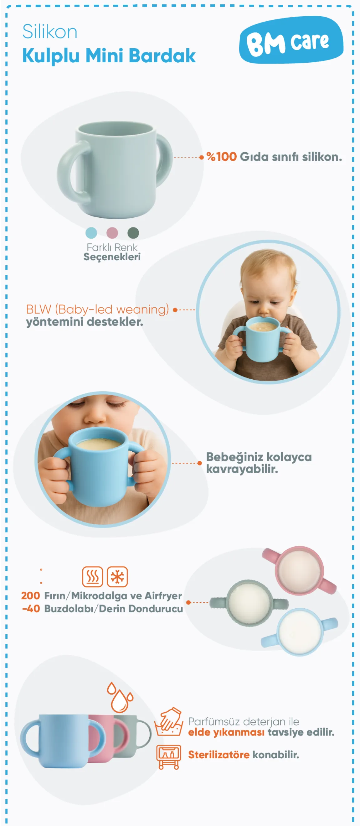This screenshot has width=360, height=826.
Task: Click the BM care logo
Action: coord(291,40)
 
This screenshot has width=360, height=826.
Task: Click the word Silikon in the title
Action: coord(50,32)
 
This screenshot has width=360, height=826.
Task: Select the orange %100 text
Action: coord(222,157)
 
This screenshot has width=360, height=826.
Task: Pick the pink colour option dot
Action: coord(112,233)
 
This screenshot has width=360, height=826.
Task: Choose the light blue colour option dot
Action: coord(91,233)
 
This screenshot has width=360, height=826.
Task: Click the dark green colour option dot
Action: coord(133,233)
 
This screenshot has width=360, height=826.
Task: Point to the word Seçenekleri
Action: coord(112,257)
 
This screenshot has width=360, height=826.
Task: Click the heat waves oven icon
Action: coord(93,577)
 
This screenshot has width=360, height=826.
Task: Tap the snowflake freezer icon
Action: coord(117,577)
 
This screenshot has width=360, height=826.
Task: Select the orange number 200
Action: coord(30,595)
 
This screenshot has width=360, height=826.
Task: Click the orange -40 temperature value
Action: coord(31,609)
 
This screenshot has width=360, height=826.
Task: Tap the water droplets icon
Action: coord(120,697)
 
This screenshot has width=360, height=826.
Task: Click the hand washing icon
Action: coord(168,721)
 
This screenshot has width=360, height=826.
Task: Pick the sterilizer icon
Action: coord(168,757)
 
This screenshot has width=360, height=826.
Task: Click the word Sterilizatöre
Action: coord(219,755)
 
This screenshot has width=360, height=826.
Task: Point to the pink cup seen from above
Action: coord(299,570)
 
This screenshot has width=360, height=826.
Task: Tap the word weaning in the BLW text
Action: coord(142,309)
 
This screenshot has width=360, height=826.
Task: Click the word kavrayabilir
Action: coord(242,469)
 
